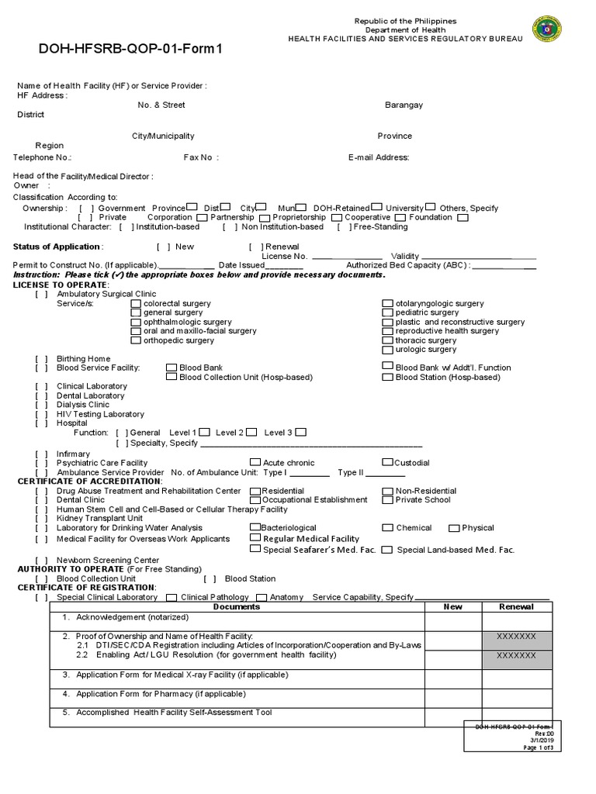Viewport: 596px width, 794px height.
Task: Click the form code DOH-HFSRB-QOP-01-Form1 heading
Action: pyautogui.click(x=130, y=50)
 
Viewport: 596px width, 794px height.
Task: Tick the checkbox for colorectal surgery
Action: pyautogui.click(x=137, y=304)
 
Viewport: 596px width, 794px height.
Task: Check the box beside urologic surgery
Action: pyautogui.click(x=389, y=350)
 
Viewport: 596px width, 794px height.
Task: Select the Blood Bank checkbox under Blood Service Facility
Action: pyautogui.click(x=172, y=368)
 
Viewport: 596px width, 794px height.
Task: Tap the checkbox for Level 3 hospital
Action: pyautogui.click(x=300, y=432)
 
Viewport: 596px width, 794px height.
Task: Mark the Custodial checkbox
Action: pyautogui.click(x=388, y=463)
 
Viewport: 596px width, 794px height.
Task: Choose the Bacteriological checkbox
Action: pyautogui.click(x=255, y=527)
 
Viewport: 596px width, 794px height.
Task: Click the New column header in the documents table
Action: pyautogui.click(x=452, y=607)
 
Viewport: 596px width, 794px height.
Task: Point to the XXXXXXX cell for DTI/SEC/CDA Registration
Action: pyautogui.click(x=516, y=637)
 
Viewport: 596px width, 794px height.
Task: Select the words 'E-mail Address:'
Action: pyautogui.click(x=379, y=157)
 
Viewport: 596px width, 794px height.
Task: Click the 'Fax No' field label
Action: pyautogui.click(x=199, y=157)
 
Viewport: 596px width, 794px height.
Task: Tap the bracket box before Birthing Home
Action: pyautogui.click(x=41, y=359)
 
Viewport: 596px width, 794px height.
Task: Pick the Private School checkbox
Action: pyautogui.click(x=388, y=500)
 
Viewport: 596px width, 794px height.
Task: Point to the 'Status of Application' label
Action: pyautogui.click(x=57, y=247)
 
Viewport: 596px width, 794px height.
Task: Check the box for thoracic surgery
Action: pyautogui.click(x=389, y=340)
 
